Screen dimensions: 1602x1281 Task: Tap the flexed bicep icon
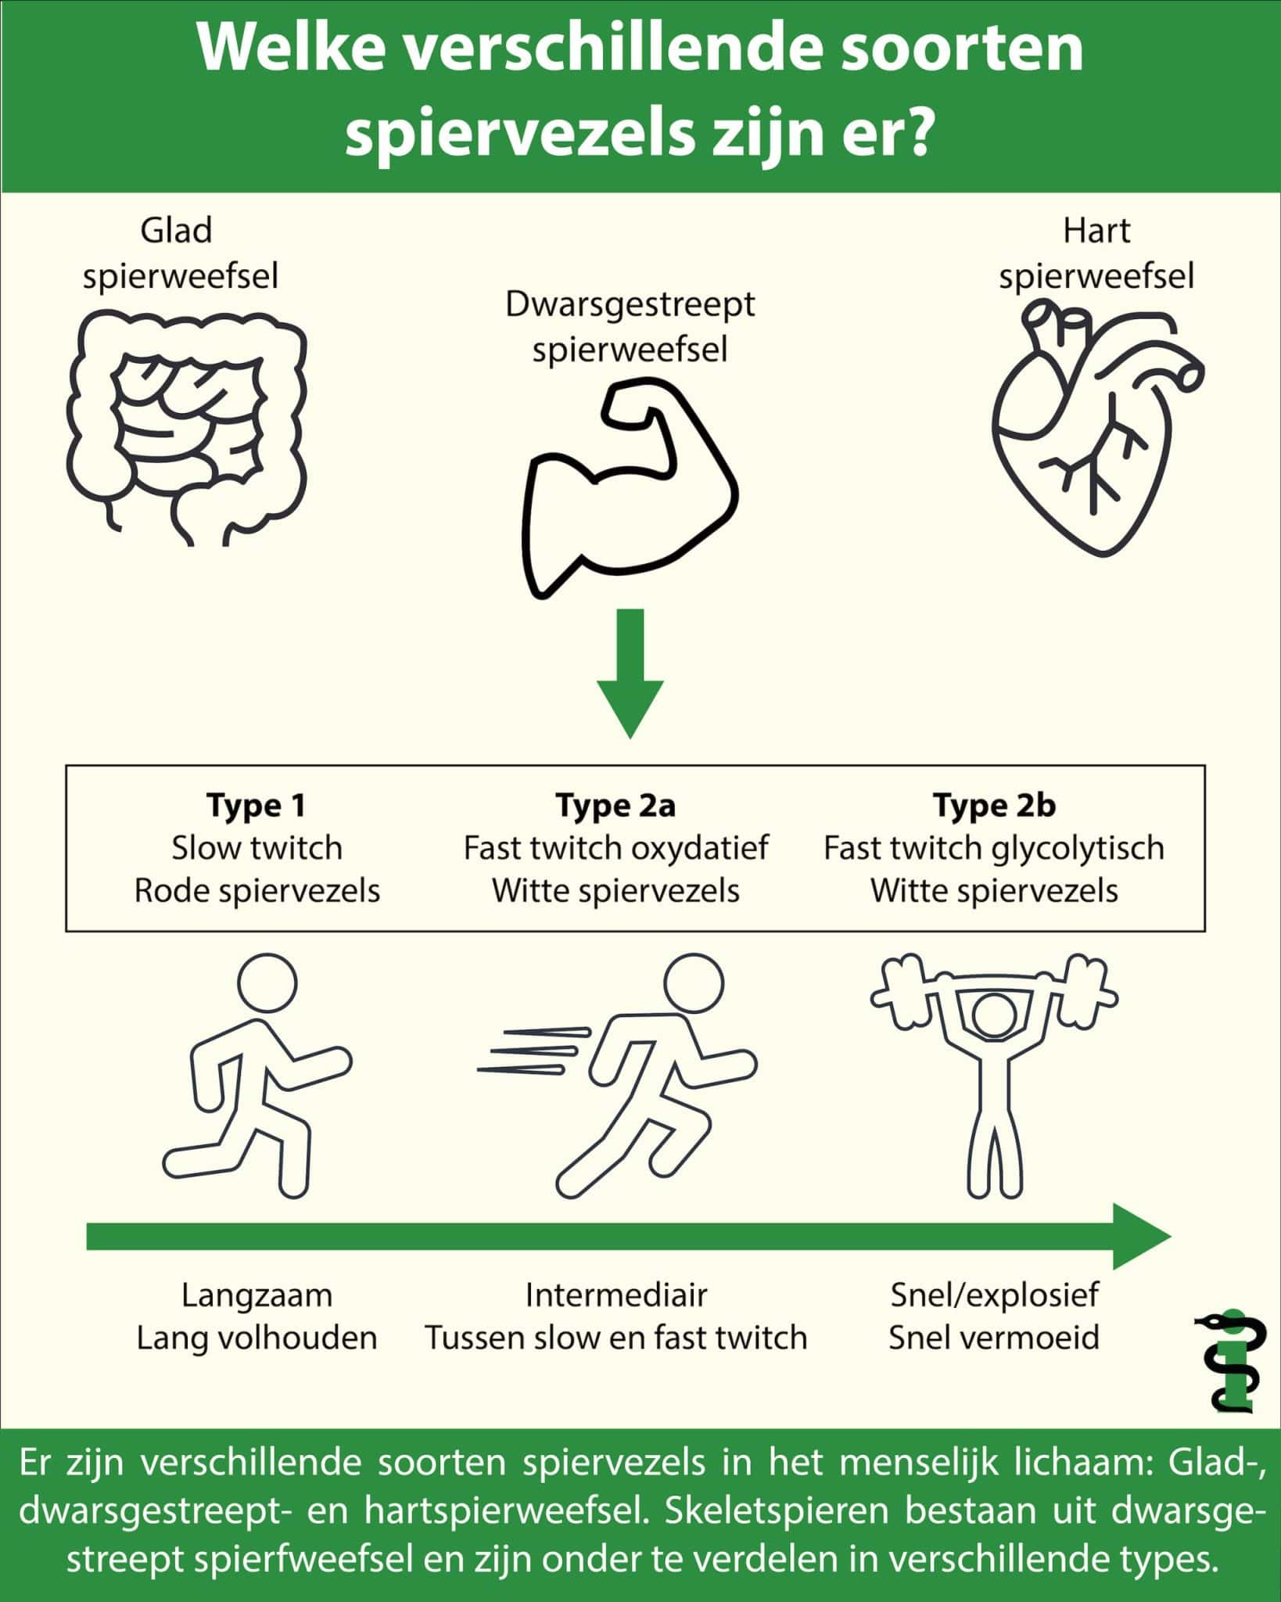tap(630, 489)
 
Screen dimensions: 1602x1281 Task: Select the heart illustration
tap(1095, 426)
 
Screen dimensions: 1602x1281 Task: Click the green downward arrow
tap(630, 673)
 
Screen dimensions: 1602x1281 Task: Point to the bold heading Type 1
tap(256, 805)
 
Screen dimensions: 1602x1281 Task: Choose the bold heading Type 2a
tap(615, 805)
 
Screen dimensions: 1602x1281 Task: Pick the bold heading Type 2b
tap(994, 805)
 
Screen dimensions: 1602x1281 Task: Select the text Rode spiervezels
tap(257, 891)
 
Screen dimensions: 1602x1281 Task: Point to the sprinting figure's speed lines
tap(532, 1050)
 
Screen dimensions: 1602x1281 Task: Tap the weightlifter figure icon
tap(994, 1072)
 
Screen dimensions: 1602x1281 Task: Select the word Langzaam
tap(257, 1295)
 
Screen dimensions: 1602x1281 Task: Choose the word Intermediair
tap(616, 1295)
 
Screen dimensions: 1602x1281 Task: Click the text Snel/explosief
tap(994, 1295)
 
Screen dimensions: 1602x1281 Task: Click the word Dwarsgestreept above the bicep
tap(630, 304)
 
